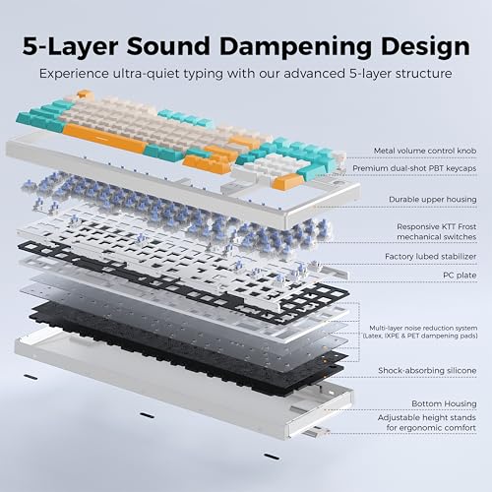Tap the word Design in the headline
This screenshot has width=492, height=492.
pos(425,47)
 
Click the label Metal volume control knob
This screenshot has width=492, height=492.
pos(425,151)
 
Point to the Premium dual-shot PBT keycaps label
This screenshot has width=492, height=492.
pos(414,168)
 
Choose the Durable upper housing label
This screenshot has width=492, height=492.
pos(433,200)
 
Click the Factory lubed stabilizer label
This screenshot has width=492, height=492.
pos(431,257)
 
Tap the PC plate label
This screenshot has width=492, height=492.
pos(460,276)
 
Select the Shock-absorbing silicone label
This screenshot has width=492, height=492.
pos(427,371)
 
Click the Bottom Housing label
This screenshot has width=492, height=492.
pos(444,403)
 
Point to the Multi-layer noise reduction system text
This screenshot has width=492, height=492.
pos(423,328)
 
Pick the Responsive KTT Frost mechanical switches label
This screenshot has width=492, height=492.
pos(437,231)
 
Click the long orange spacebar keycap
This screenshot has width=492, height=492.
pos(104,138)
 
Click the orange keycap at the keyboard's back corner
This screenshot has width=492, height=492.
pos(85,94)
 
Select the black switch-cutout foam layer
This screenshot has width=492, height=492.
pos(184,282)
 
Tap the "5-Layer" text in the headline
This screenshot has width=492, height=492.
pos(70,47)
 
